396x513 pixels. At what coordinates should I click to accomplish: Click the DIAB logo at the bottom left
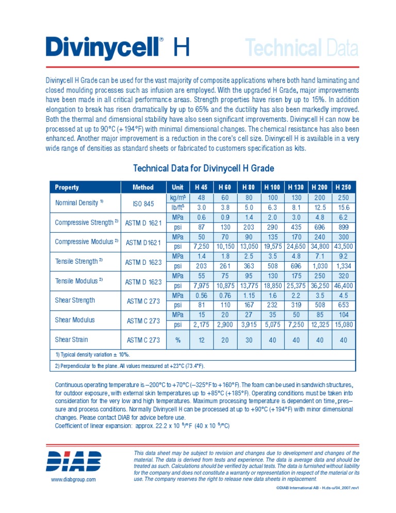pyautogui.click(x=74, y=461)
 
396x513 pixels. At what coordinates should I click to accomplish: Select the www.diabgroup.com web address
pyautogui.click(x=73, y=479)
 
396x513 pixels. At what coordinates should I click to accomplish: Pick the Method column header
pyautogui.click(x=143, y=187)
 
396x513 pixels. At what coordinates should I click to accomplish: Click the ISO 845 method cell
pyautogui.click(x=143, y=204)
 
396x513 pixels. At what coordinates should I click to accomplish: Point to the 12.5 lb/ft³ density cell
pyautogui.click(x=319, y=207)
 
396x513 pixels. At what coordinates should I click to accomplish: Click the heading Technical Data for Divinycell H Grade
pyautogui.click(x=204, y=168)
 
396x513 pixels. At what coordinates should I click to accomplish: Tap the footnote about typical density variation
pyautogui.click(x=93, y=355)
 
